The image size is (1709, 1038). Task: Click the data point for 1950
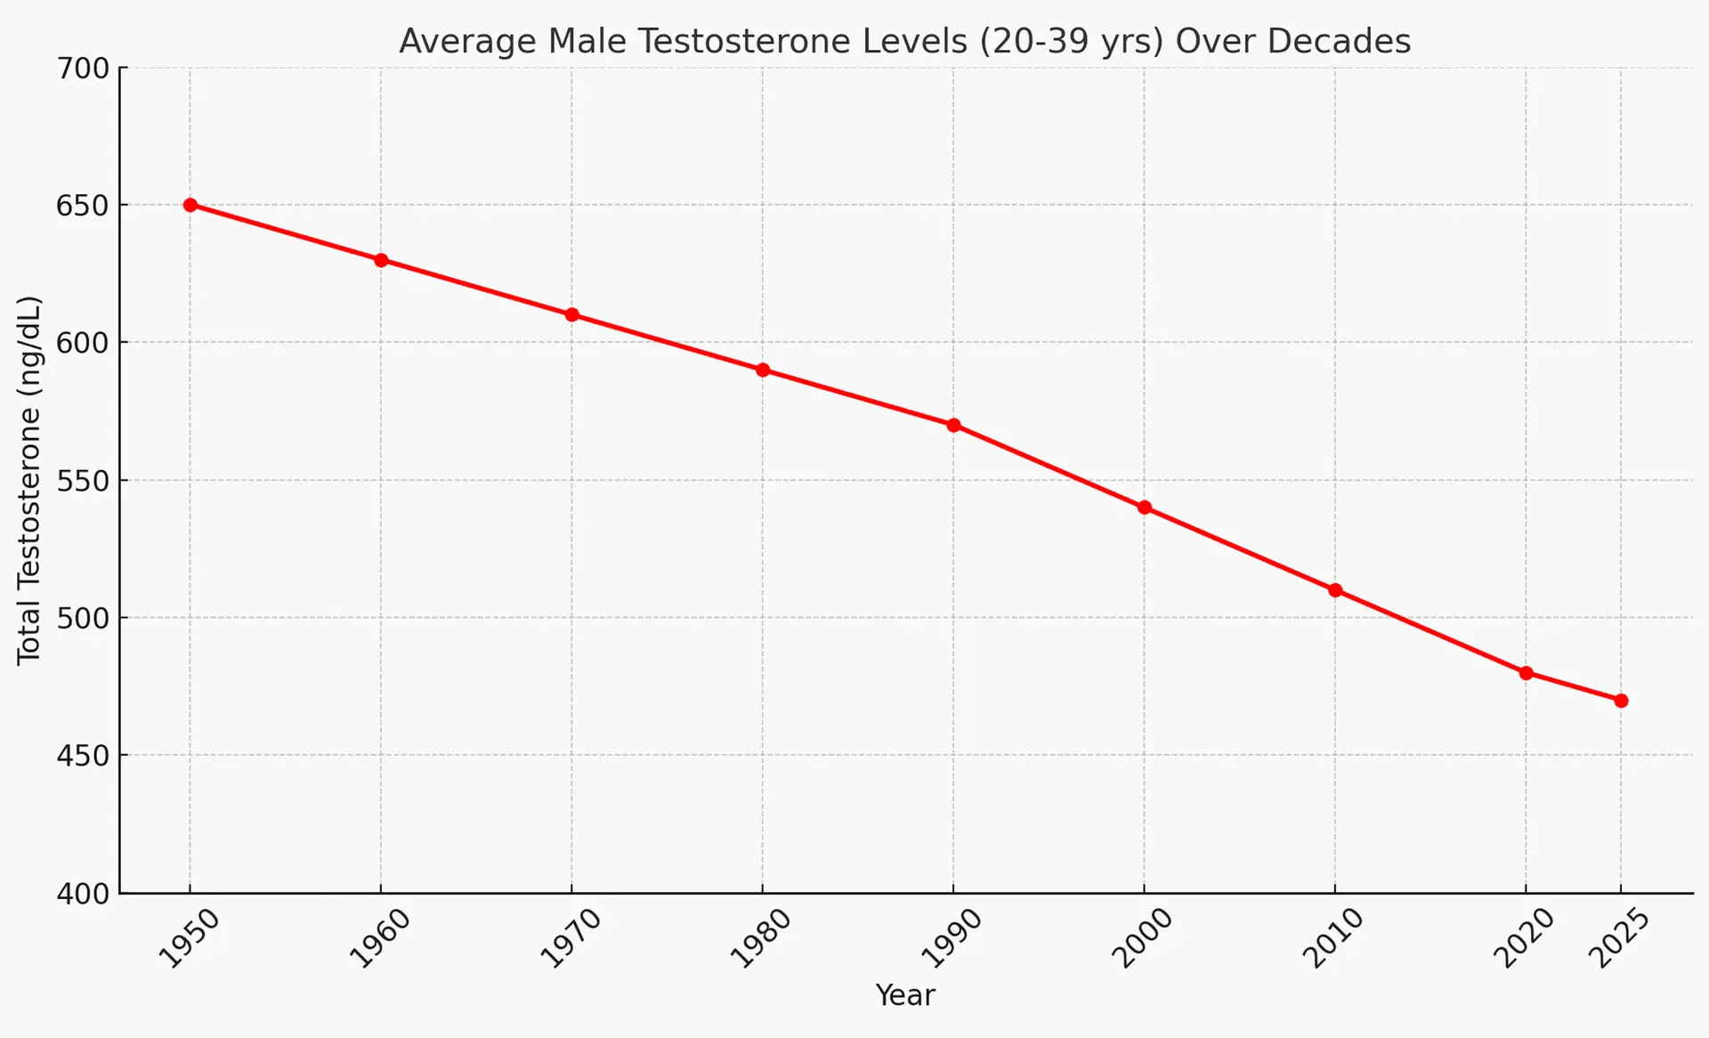click(190, 205)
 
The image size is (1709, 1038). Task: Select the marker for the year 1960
click(381, 260)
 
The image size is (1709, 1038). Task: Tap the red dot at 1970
click(571, 315)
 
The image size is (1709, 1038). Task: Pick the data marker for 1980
click(763, 370)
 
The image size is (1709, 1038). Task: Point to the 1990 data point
click(953, 426)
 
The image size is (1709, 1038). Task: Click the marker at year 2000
click(1145, 507)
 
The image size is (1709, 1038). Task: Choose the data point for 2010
click(1335, 590)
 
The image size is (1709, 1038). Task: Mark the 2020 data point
click(1526, 673)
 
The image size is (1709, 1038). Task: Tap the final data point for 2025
click(1621, 701)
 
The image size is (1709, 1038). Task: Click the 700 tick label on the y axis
click(83, 69)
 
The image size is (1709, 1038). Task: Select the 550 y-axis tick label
click(83, 482)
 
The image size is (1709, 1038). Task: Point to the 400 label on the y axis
click(83, 894)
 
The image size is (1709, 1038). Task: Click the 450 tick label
click(83, 756)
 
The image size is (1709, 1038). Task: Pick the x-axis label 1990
click(951, 938)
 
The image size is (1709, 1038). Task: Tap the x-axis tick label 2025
click(1620, 938)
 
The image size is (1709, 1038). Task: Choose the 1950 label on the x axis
click(188, 938)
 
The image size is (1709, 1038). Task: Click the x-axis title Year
click(904, 995)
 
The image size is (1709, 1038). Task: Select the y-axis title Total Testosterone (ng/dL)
click(28, 481)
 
